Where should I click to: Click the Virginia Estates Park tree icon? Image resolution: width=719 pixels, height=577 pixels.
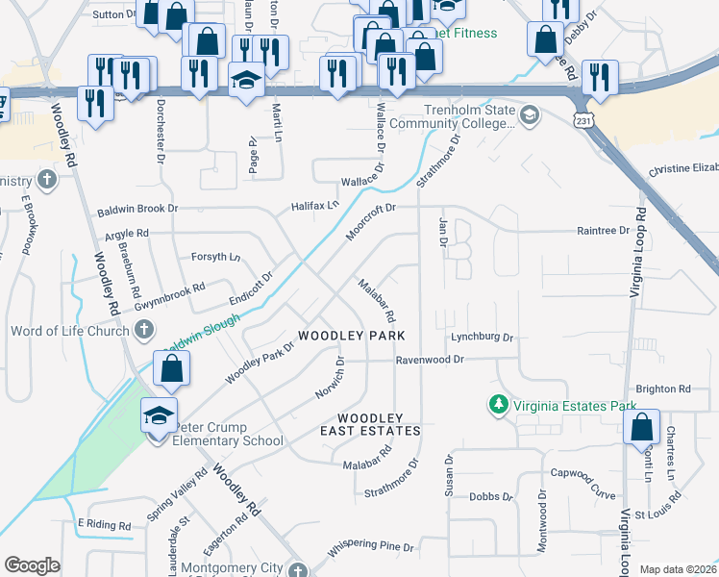coord(498,406)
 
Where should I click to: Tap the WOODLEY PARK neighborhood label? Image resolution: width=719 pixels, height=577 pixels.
coord(351,336)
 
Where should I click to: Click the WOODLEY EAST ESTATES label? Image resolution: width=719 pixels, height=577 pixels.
coord(370,424)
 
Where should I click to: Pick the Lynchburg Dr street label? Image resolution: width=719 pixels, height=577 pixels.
coord(483,338)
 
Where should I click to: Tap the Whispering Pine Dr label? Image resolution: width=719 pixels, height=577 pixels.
coord(370,547)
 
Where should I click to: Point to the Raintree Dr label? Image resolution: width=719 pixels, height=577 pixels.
coord(602,231)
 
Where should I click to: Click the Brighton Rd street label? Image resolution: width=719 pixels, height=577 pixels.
coord(663,389)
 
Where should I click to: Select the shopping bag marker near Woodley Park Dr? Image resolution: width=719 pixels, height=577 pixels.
coord(171,368)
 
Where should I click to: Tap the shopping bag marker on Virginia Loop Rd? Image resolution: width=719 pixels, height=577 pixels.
coord(641,426)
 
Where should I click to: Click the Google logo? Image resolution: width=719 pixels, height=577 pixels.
coord(32,565)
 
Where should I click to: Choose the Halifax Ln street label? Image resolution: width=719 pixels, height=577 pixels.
coord(316,206)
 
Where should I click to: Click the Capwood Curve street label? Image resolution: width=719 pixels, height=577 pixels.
coord(583,472)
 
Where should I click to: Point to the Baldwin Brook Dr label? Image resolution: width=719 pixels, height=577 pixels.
coord(137,209)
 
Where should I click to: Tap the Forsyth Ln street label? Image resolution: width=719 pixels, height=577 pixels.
coord(215,257)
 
